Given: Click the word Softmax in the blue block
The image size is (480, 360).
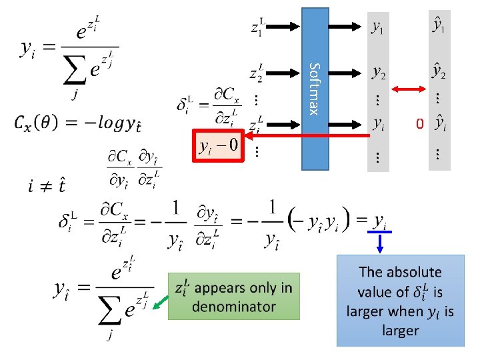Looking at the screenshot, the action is (x=317, y=88).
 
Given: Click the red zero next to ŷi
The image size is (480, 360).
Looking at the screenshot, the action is (x=419, y=123).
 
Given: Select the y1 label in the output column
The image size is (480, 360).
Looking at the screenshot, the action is (x=377, y=27).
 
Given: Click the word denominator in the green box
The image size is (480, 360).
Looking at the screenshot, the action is (x=234, y=307).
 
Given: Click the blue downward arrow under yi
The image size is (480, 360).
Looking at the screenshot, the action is (x=380, y=241).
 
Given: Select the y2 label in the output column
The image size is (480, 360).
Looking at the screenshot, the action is (x=378, y=70).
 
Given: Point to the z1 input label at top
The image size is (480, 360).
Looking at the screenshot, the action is (x=259, y=27).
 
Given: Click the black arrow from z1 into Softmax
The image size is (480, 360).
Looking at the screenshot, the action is (x=287, y=27).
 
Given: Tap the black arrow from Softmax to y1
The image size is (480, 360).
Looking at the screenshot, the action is (x=346, y=27).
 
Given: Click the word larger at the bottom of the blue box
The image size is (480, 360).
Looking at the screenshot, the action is (x=400, y=330).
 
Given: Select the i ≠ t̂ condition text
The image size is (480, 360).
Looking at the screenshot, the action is (x=33, y=184).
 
